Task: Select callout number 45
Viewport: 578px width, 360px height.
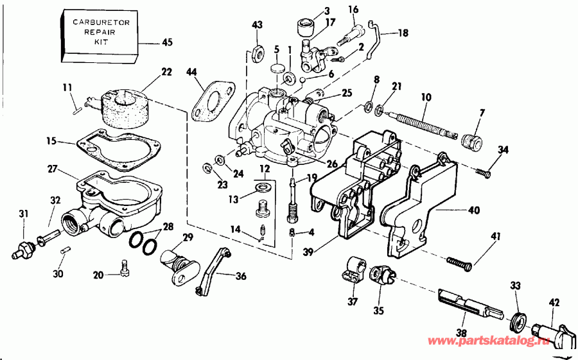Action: click(x=167, y=43)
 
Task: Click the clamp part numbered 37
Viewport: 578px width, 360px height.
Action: click(x=351, y=270)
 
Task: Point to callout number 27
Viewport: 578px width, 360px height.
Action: click(x=52, y=169)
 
